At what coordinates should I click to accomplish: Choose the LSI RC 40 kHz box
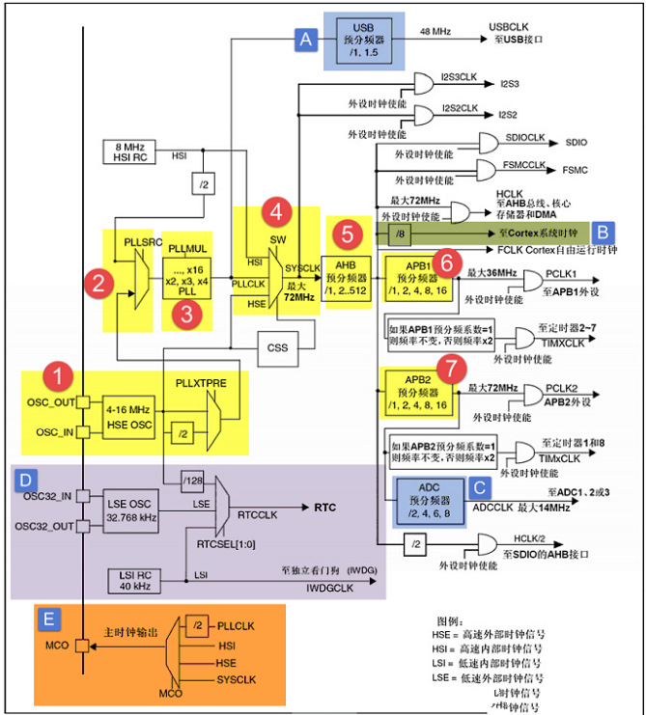tap(134, 581)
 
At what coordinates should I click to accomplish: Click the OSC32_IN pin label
tap(48, 496)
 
